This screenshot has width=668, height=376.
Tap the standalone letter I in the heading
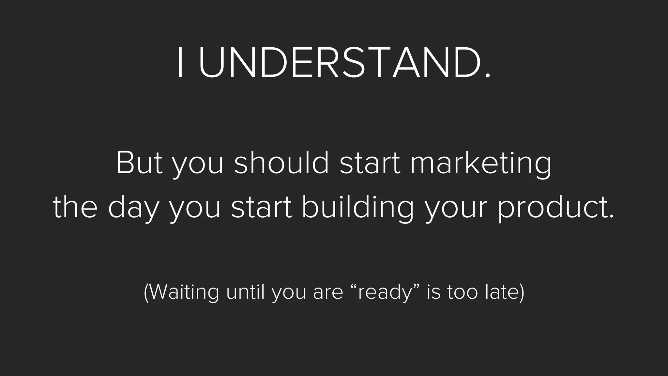(x=180, y=62)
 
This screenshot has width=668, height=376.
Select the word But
(x=139, y=163)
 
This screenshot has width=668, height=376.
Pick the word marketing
(x=481, y=164)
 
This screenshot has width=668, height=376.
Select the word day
(x=133, y=209)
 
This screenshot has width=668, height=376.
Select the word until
(x=246, y=291)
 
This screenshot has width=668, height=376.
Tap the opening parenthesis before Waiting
(x=146, y=292)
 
